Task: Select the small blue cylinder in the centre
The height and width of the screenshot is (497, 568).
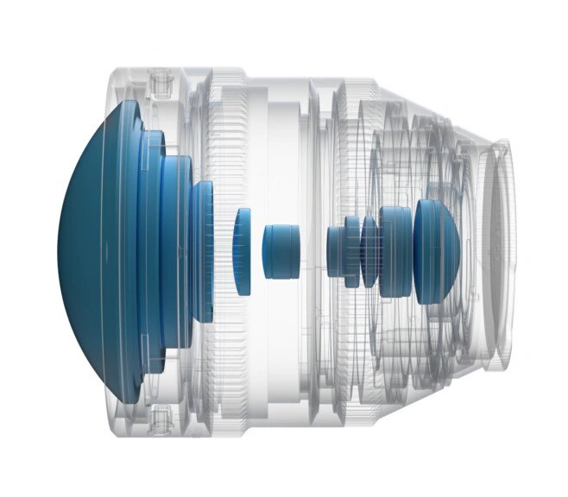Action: (281, 251)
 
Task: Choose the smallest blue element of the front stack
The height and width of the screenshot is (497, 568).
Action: (206, 250)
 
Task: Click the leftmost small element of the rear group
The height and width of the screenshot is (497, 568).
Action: (335, 251)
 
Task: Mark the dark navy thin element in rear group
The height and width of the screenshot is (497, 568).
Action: (369, 251)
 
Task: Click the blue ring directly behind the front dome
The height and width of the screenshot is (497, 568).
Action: (152, 250)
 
